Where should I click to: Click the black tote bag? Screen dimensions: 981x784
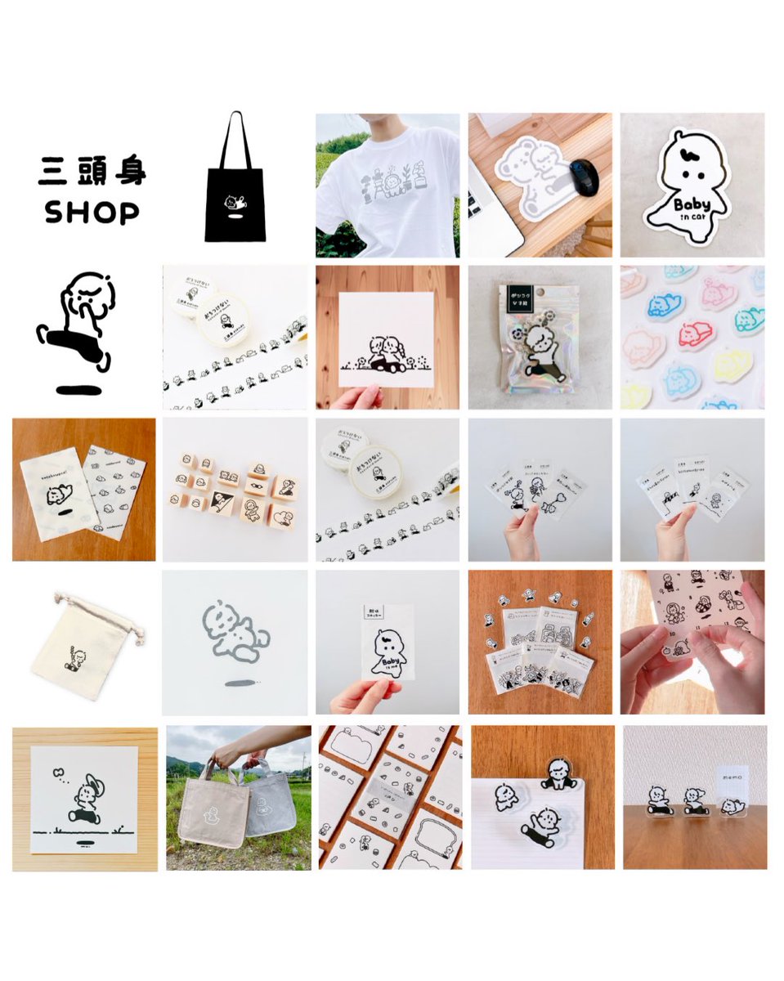click(x=235, y=204)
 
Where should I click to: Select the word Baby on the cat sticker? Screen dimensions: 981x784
click(x=692, y=201)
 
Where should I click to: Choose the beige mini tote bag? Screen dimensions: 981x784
click(x=215, y=805)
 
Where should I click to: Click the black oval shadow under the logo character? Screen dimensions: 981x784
click(x=79, y=389)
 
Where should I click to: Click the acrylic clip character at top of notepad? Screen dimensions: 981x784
click(x=558, y=769)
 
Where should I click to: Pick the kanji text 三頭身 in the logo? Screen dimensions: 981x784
click(x=92, y=172)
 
